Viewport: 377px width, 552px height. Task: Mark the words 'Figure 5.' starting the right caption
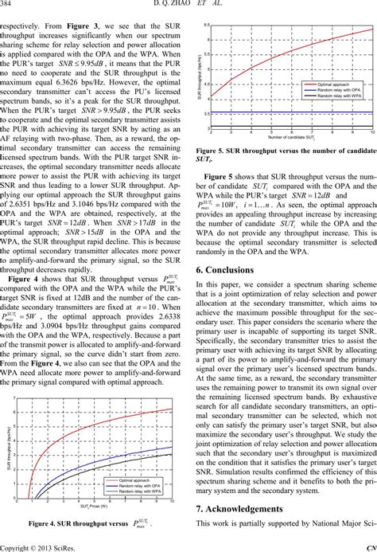(x=212, y=150)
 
